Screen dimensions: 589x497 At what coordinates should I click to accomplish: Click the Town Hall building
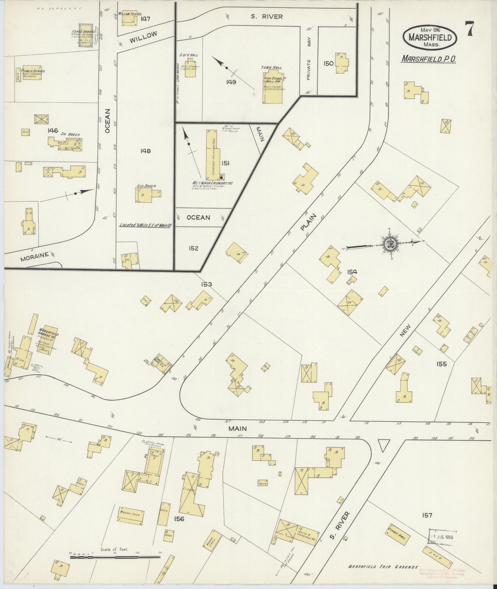(274, 88)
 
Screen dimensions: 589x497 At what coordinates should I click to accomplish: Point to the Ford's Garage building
(86, 36)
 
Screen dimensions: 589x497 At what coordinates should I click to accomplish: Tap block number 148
(145, 151)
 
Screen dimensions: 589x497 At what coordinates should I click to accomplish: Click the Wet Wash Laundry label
(212, 183)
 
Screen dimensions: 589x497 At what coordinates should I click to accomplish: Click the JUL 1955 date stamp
(443, 537)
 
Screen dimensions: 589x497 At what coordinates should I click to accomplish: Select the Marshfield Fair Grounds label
(383, 567)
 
